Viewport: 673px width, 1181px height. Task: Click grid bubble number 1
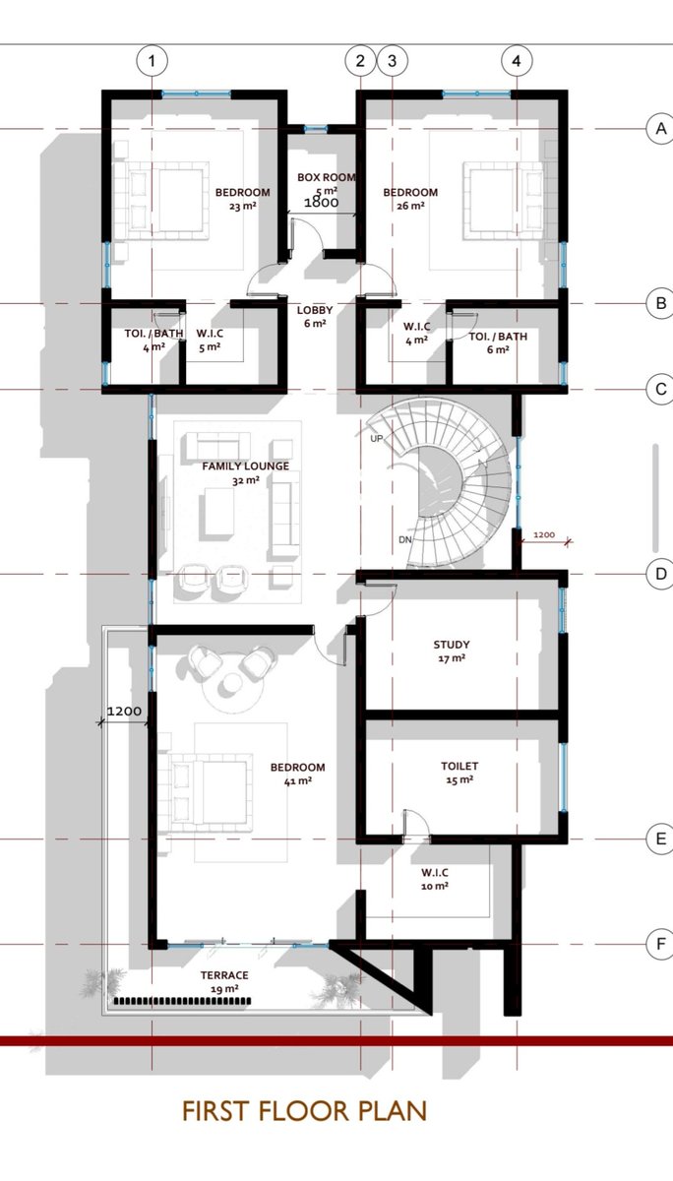click(x=152, y=61)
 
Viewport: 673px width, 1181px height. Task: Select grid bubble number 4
click(x=517, y=61)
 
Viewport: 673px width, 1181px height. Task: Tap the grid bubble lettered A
click(x=661, y=129)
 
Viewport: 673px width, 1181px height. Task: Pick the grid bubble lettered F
click(x=661, y=944)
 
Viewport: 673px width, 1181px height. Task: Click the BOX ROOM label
click(x=327, y=178)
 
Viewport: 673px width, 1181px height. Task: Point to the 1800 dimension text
click(x=322, y=202)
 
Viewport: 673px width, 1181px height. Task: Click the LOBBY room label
click(x=315, y=310)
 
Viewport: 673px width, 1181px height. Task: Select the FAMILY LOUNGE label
click(x=246, y=466)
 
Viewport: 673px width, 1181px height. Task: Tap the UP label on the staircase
click(x=376, y=438)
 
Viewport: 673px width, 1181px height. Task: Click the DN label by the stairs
click(x=404, y=539)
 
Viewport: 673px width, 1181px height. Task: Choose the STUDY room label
click(x=452, y=645)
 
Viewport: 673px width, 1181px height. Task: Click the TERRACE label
click(x=224, y=975)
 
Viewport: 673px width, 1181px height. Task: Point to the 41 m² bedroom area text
click(x=298, y=780)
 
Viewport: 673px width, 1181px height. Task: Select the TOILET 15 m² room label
click(x=459, y=773)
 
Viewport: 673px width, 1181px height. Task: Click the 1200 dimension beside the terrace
click(x=124, y=712)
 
